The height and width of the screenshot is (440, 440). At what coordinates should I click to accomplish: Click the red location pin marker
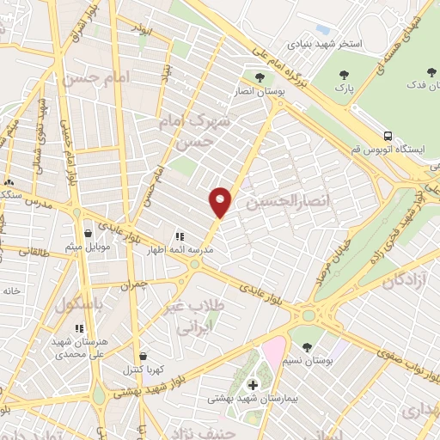point(221,201)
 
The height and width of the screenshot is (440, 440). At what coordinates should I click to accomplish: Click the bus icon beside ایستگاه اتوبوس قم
point(388,136)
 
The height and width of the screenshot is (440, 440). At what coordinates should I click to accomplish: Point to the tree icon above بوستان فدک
point(430,72)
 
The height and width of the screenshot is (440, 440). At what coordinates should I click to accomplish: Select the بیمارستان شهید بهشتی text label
point(249,399)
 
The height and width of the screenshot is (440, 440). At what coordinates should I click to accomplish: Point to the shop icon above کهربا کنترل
point(143,356)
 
